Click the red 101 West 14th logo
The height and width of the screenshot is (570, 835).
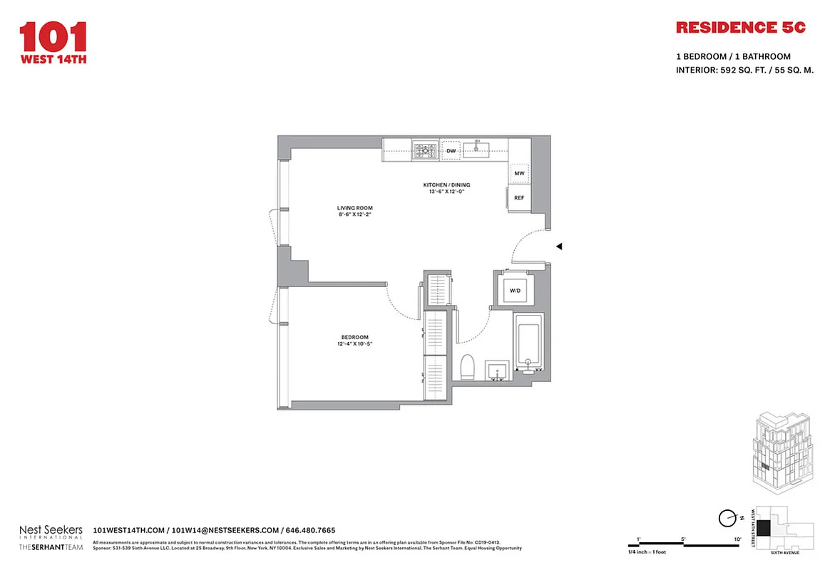pos(53,43)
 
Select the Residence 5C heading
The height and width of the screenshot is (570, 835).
pos(740,28)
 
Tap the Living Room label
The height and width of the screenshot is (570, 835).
pos(355,212)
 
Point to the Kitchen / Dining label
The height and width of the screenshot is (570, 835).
pos(449,188)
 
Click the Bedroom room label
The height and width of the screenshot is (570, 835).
pos(354,341)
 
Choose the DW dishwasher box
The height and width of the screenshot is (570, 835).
pos(451,151)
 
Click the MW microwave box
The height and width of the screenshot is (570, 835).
pos(519,174)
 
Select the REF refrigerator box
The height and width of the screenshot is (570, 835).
pos(519,197)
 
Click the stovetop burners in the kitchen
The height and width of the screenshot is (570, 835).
pos(426,150)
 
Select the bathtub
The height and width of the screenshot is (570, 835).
pos(528,348)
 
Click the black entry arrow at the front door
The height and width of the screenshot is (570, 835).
pos(560,247)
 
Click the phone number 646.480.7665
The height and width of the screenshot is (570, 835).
pos(309,530)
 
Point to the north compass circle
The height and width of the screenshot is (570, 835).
pos(728,518)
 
